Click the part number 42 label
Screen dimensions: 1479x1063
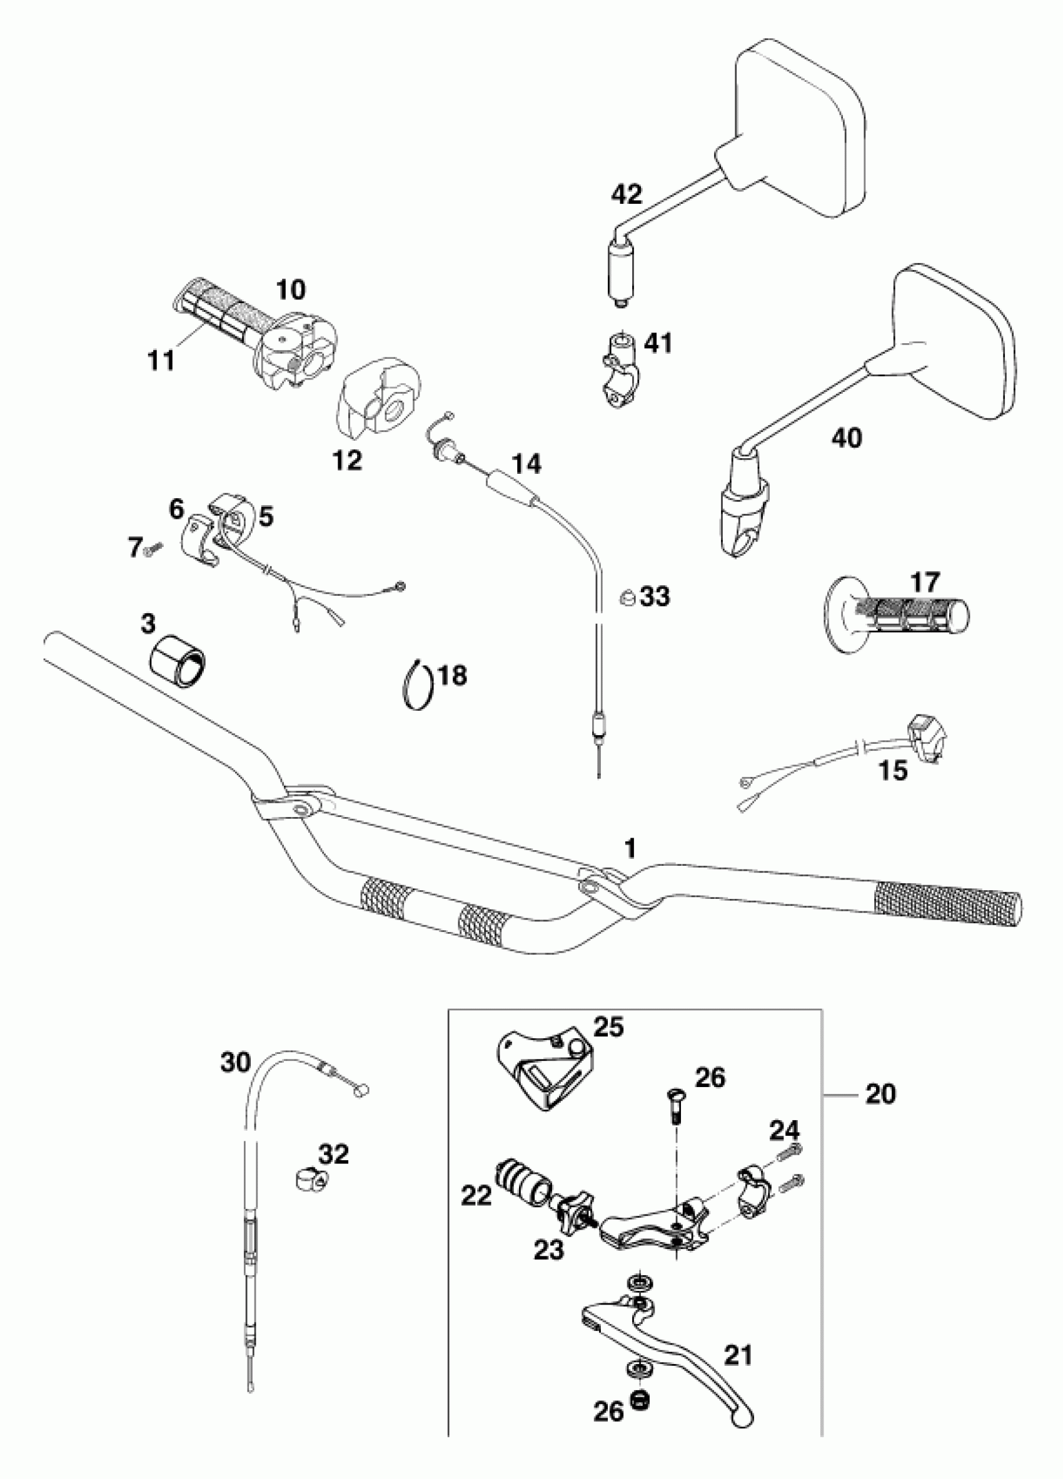point(626,194)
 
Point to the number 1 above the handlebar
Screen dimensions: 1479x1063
point(629,848)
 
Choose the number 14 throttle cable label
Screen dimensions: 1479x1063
point(526,464)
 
